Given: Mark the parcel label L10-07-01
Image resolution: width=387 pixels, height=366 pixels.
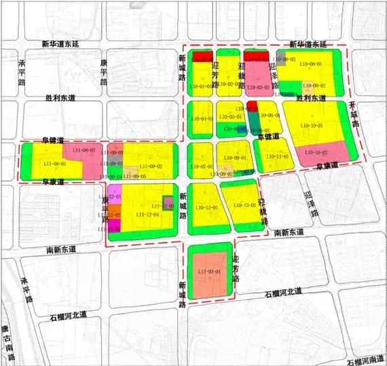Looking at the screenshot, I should (202, 167).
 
